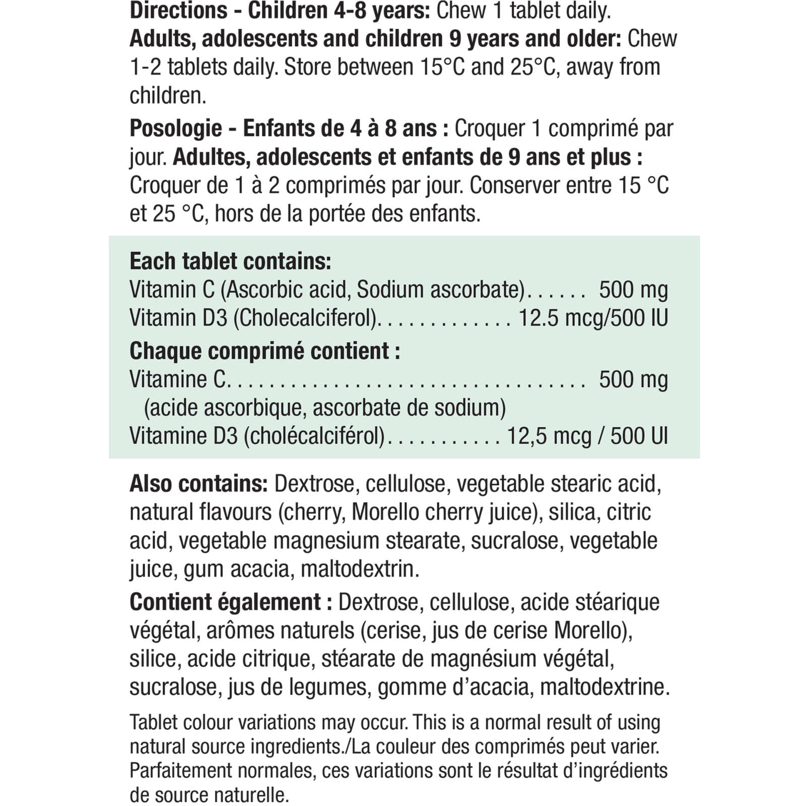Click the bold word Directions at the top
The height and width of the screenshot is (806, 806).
(x=178, y=11)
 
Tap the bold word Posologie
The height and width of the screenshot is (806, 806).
(x=175, y=129)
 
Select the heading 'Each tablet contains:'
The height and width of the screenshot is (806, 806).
(x=230, y=261)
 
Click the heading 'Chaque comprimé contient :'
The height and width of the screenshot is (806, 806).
(x=264, y=351)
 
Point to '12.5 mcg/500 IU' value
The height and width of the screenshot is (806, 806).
(x=593, y=318)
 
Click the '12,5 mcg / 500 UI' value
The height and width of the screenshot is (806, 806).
(x=587, y=436)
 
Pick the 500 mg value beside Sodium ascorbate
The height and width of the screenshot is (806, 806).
(x=633, y=290)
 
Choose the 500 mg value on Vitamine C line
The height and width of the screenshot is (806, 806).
(x=633, y=379)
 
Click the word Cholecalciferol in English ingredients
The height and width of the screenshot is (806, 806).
(x=305, y=318)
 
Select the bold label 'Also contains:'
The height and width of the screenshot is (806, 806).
(x=198, y=484)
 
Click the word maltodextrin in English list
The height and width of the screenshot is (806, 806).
(x=360, y=569)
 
